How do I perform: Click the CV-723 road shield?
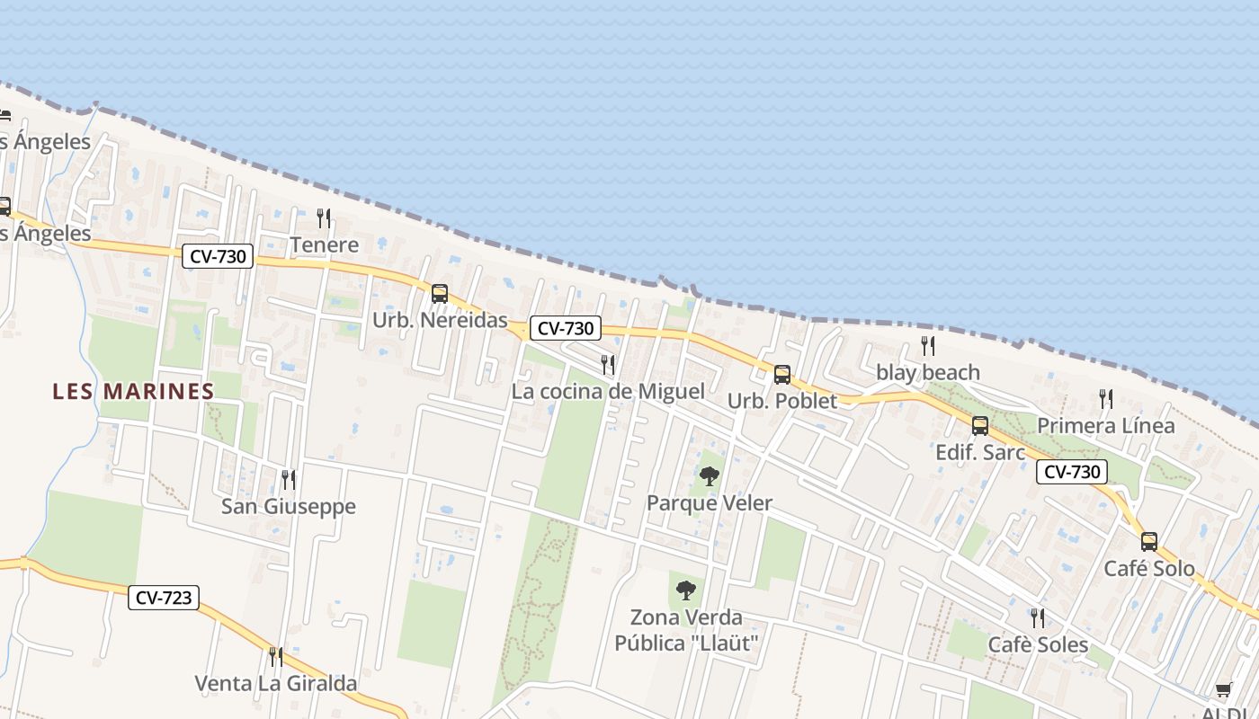pos(163,597)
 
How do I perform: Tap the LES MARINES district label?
pos(133,391)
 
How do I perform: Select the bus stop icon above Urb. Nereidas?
pos(440,293)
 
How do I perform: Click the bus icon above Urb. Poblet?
pos(782,374)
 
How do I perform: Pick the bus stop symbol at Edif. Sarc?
pos(980,425)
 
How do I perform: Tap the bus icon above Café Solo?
pos(1149,541)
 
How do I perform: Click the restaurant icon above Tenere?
pos(324,217)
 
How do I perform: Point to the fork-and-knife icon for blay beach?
pos(928,345)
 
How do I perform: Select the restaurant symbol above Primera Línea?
pos(1106,398)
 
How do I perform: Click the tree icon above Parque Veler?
pos(710,476)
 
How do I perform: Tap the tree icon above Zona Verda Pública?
pos(686,590)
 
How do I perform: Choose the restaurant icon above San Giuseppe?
pos(288,479)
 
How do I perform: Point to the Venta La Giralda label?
pos(276,683)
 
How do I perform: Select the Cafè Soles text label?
pos(1038,644)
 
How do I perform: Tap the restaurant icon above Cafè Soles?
pos(1038,617)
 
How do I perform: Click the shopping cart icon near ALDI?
pos(1223,689)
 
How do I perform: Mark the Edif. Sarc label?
pos(980,452)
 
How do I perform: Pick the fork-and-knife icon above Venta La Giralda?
pos(276,656)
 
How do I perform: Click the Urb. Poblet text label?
pos(782,401)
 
